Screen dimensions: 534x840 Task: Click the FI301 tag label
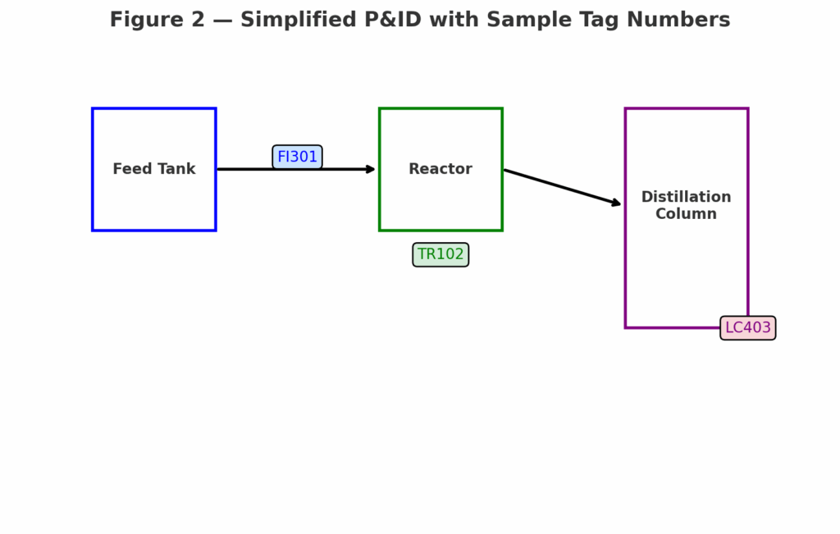tap(297, 157)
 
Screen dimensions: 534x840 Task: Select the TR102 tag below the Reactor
tap(441, 254)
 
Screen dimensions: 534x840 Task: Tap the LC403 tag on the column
tap(747, 328)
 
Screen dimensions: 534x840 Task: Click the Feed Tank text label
tap(154, 169)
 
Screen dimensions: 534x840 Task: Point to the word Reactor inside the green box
tap(441, 169)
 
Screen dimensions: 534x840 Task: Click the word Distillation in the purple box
tap(686, 197)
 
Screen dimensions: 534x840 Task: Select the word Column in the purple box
tap(686, 214)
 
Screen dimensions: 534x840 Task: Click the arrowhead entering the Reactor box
tap(371, 169)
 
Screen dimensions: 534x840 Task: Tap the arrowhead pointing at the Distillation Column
tap(616, 203)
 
